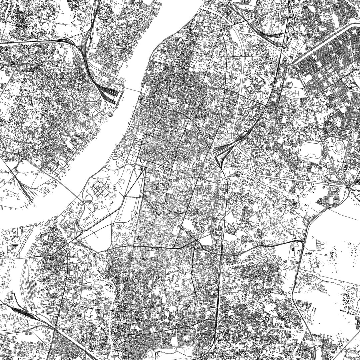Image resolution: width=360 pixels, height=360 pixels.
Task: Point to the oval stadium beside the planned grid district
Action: (x=339, y=147)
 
